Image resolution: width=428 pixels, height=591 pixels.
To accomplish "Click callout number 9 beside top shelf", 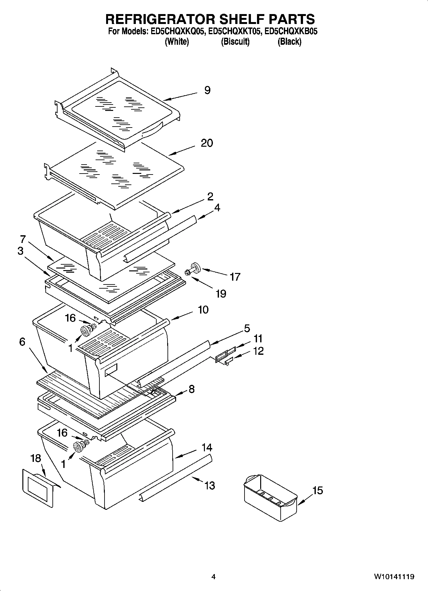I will pyautogui.click(x=207, y=90).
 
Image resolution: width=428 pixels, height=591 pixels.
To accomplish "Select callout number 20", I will pyautogui.click(x=207, y=143).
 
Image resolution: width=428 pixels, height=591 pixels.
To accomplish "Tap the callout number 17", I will pyautogui.click(x=235, y=277).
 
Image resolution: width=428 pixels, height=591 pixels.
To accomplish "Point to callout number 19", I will pyautogui.click(x=221, y=293).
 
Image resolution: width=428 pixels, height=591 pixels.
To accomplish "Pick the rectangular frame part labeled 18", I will pyautogui.click(x=37, y=487).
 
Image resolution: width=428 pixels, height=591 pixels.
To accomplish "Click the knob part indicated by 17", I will pyautogui.click(x=194, y=268).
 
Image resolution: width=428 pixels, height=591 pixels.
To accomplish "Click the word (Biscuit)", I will pyautogui.click(x=235, y=42).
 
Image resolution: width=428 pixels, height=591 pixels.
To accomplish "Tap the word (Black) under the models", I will pyautogui.click(x=289, y=42).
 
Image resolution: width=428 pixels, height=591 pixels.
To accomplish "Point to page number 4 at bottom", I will pyautogui.click(x=214, y=577).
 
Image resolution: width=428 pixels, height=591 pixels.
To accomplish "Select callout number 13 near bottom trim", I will pyautogui.click(x=210, y=486).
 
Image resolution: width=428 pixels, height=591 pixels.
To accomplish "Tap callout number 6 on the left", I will pyautogui.click(x=22, y=342).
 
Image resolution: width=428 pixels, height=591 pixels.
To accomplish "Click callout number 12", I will pyautogui.click(x=258, y=351).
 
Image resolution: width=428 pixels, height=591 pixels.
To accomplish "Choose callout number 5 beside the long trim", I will pyautogui.click(x=247, y=328).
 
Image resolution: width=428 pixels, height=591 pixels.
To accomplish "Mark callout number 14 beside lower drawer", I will pyautogui.click(x=207, y=447).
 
